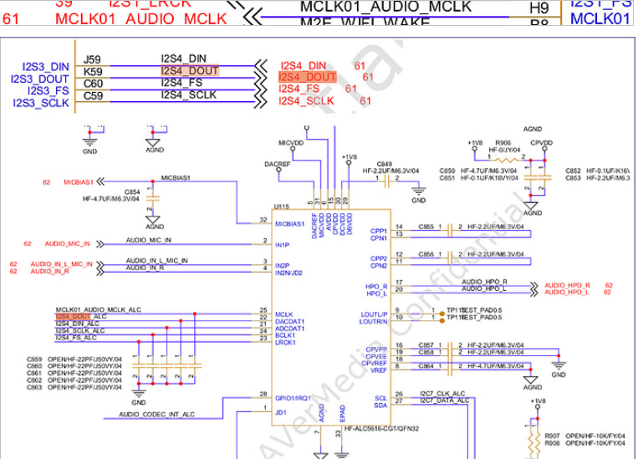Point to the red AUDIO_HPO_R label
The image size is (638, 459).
pos(567,284)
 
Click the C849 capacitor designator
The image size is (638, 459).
pos(384,164)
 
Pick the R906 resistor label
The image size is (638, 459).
pos(503,143)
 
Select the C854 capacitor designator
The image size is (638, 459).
pos(131,191)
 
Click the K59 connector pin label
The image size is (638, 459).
pos(92,72)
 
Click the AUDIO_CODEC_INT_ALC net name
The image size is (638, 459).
pos(156,415)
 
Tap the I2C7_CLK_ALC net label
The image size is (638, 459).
pos(441,393)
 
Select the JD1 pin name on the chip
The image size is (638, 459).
pos(281,411)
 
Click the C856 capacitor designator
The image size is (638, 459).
pos(426,253)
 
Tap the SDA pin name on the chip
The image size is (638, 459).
pos(380,405)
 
